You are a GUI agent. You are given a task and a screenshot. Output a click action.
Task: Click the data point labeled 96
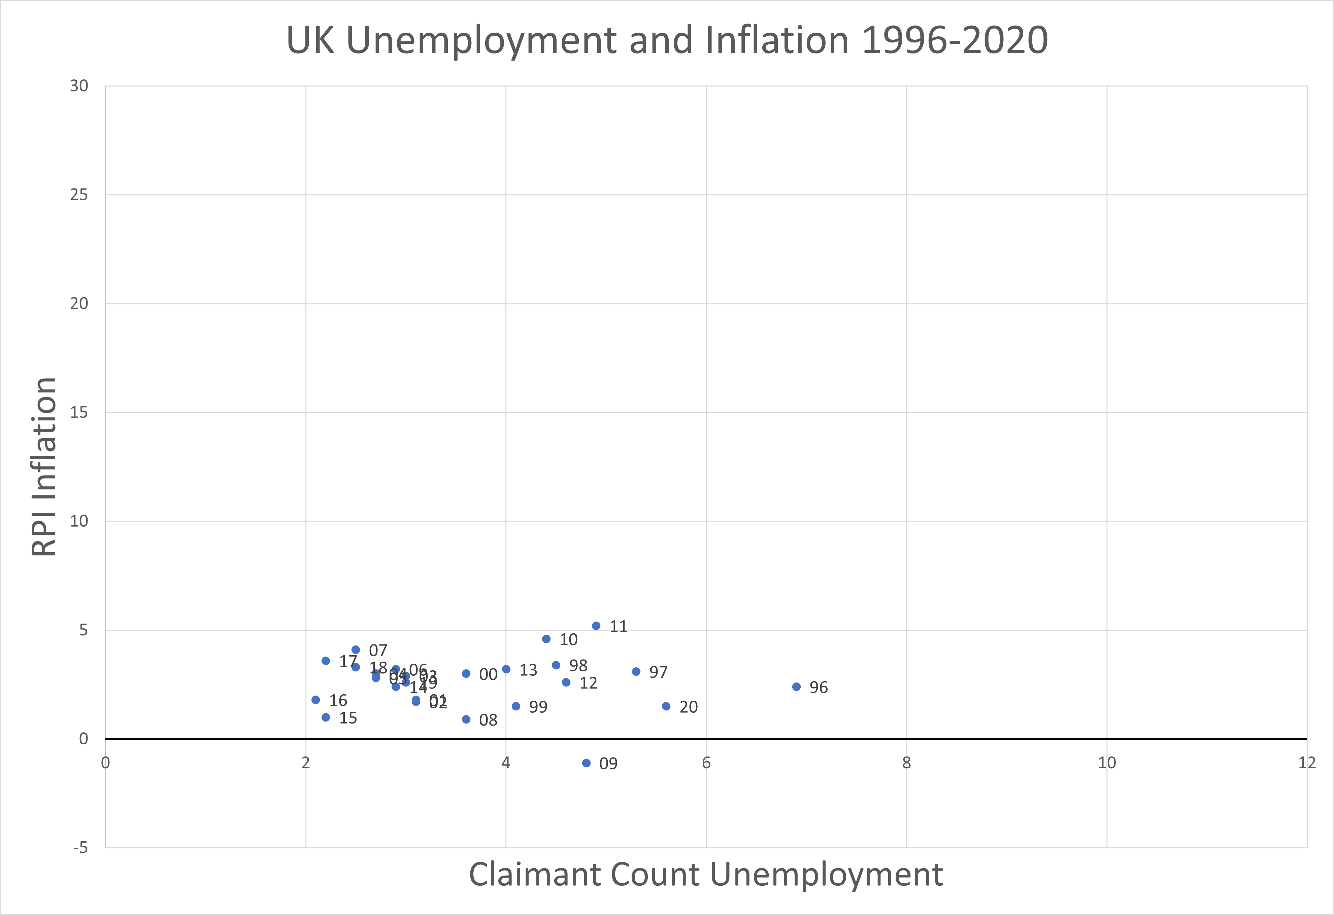pyautogui.click(x=796, y=687)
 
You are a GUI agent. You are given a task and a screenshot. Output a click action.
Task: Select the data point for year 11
pyautogui.click(x=596, y=626)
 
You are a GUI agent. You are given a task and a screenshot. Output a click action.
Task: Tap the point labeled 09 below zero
pyautogui.click(x=586, y=763)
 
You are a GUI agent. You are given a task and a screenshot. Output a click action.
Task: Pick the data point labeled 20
pyautogui.click(x=666, y=706)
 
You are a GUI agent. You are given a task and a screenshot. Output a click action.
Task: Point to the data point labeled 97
pyautogui.click(x=636, y=672)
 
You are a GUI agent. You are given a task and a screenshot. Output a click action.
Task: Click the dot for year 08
pyautogui.click(x=466, y=719)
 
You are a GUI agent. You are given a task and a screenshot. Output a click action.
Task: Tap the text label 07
pyautogui.click(x=378, y=650)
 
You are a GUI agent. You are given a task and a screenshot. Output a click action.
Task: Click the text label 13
pyautogui.click(x=528, y=670)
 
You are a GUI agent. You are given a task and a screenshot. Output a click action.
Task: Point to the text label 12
pyautogui.click(x=588, y=683)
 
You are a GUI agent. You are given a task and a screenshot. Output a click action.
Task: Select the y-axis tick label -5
pyautogui.click(x=81, y=848)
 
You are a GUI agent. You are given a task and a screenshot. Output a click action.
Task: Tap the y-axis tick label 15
pyautogui.click(x=79, y=413)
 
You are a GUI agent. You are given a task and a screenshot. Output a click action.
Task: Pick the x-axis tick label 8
pyautogui.click(x=906, y=763)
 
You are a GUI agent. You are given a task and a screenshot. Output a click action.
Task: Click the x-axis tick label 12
pyautogui.click(x=1307, y=763)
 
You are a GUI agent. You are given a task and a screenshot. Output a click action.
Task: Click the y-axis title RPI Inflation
pyautogui.click(x=44, y=466)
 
